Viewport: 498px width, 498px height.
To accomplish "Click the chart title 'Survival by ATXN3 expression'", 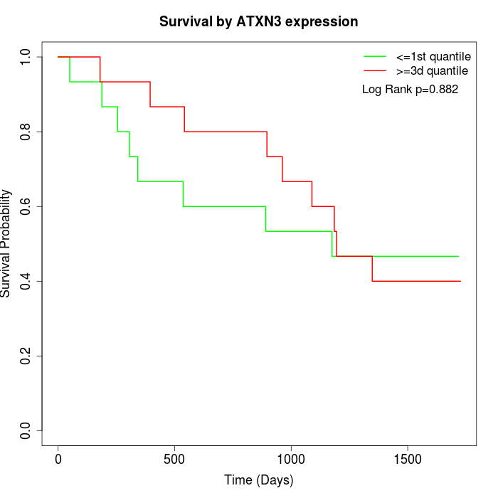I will (x=258, y=22).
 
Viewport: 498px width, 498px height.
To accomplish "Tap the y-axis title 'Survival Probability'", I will (x=6, y=243).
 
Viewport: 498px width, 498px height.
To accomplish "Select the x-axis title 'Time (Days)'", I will (x=258, y=480).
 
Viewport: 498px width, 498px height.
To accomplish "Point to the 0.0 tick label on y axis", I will (x=26, y=430).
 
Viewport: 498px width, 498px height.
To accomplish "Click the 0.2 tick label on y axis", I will (x=26, y=356).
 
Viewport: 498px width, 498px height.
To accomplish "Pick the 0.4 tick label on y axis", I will (x=26, y=281).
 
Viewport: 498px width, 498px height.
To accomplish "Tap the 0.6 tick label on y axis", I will (x=26, y=206).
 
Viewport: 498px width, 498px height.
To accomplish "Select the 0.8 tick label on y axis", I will (x=26, y=132).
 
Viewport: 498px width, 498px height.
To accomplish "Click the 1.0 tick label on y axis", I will (x=26, y=57).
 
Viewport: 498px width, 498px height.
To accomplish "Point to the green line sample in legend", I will (x=375, y=55).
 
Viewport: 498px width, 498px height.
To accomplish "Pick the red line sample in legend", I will (x=375, y=70).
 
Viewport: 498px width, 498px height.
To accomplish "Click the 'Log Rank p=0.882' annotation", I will (x=410, y=90).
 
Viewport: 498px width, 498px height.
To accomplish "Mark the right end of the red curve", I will (x=460, y=281).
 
